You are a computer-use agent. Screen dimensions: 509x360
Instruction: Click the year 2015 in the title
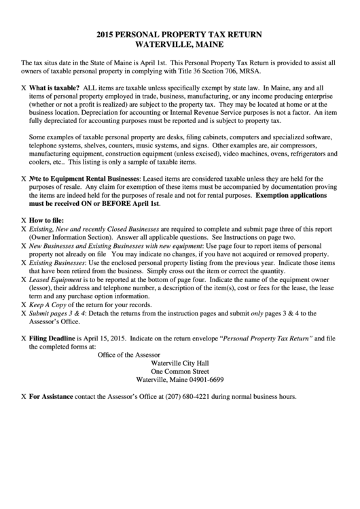pyautogui.click(x=106, y=33)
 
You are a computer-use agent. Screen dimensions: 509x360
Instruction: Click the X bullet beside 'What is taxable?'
pyautogui.click(x=24, y=88)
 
